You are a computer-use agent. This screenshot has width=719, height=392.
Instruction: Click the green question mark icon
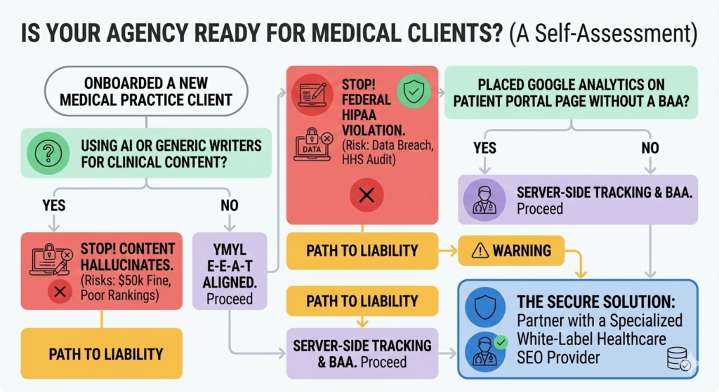pyautogui.click(x=47, y=154)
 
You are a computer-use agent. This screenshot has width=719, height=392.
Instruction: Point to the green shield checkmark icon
pyautogui.click(x=410, y=91)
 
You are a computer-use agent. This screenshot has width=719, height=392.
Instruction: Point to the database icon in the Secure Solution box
pyautogui.click(x=678, y=360)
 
